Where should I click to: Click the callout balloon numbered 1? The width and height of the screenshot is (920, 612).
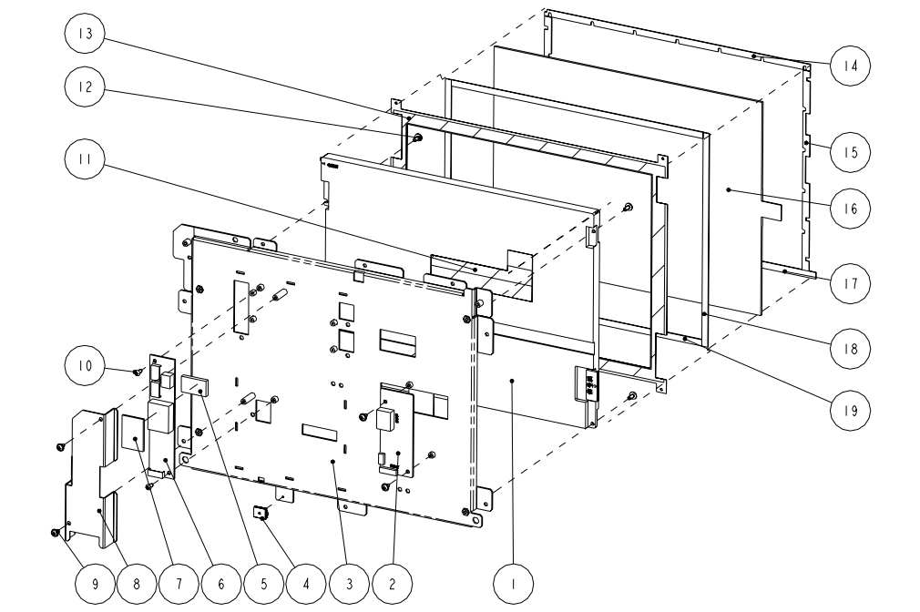coord(516,581)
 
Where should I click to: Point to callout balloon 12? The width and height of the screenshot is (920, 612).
coord(84,88)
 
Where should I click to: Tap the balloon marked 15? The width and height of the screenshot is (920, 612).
coord(848,151)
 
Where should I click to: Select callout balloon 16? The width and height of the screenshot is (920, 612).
coord(848,208)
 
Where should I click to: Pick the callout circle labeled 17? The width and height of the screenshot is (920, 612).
coord(848,283)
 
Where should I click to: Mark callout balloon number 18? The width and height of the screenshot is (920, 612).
coord(848,347)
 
